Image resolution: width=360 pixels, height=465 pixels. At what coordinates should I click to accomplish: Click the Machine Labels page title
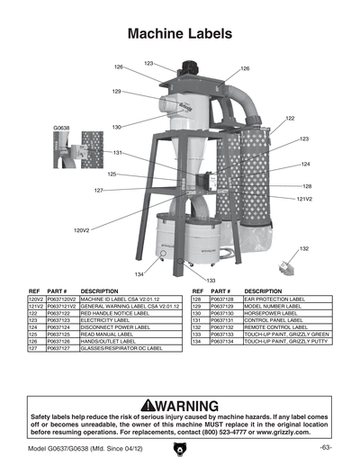pos(180,34)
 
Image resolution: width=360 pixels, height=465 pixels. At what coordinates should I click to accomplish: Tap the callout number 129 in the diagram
pos(117,92)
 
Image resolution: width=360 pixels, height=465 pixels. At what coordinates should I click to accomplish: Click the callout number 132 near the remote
pos(304,248)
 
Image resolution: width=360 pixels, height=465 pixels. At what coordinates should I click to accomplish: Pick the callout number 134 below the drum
pos(139,273)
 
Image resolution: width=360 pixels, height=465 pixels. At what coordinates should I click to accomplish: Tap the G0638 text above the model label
pos(61,129)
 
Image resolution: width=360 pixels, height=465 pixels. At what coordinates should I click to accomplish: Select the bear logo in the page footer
pos(180,449)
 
